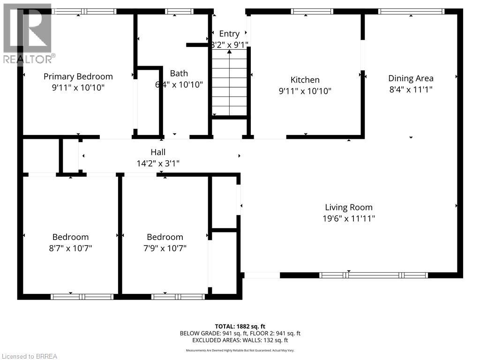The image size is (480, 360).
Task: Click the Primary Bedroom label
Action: pyautogui.click(x=78, y=76)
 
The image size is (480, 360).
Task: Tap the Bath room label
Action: pyautogui.click(x=179, y=73)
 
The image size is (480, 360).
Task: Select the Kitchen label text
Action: pyautogui.click(x=305, y=80)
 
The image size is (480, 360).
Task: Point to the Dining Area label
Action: pyautogui.click(x=411, y=78)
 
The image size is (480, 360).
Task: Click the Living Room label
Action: pyautogui.click(x=349, y=207)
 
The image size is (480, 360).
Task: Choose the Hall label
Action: pyautogui.click(x=158, y=152)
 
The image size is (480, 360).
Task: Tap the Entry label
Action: pyautogui.click(x=229, y=34)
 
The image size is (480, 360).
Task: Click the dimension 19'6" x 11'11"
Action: pyautogui.click(x=349, y=218)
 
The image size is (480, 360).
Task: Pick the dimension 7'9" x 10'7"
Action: pyautogui.click(x=165, y=248)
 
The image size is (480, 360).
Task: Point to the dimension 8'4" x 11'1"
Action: pyautogui.click(x=411, y=90)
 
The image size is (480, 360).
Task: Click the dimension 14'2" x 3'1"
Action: pyautogui.click(x=158, y=164)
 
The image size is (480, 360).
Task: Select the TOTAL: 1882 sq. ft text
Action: pyautogui.click(x=240, y=326)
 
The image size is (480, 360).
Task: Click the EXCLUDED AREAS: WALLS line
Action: pyautogui.click(x=240, y=341)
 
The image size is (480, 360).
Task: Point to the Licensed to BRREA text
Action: pyautogui.click(x=29, y=356)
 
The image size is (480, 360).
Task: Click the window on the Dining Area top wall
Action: pyautogui.click(x=411, y=11)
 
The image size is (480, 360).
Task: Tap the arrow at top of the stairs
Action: pyautogui.click(x=229, y=52)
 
